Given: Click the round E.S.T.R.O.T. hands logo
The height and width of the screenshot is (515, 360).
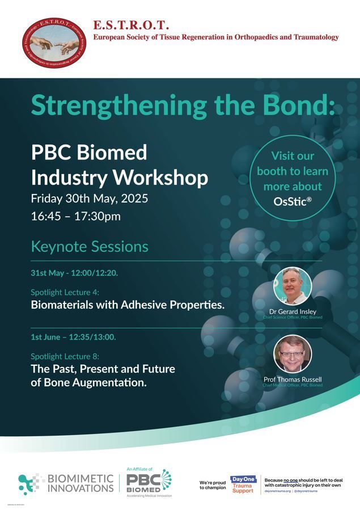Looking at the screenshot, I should (x=55, y=43).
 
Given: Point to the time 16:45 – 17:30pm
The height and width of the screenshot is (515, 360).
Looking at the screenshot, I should (x=75, y=216).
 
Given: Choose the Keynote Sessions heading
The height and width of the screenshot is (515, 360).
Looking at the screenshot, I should (x=90, y=247).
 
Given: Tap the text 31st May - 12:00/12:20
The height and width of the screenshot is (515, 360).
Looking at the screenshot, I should (x=74, y=273).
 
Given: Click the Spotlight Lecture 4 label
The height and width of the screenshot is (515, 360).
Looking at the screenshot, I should (x=65, y=292).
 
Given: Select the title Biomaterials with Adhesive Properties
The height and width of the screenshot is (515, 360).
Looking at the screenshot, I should (x=128, y=305).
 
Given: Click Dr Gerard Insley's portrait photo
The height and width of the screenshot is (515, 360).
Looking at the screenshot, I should (x=293, y=286).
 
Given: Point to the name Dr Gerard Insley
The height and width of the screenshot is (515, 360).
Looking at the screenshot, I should (x=293, y=312).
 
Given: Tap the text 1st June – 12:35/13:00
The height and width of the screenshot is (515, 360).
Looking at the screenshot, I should (x=73, y=337).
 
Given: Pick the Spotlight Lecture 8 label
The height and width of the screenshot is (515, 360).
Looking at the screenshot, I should (x=65, y=356).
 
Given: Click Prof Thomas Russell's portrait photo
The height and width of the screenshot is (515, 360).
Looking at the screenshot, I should (x=293, y=353).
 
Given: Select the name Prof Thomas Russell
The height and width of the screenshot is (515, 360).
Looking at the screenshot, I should (x=293, y=379).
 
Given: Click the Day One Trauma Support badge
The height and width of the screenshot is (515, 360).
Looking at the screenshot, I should (x=243, y=484).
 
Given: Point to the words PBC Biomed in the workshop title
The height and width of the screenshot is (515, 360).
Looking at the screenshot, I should (x=89, y=152).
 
